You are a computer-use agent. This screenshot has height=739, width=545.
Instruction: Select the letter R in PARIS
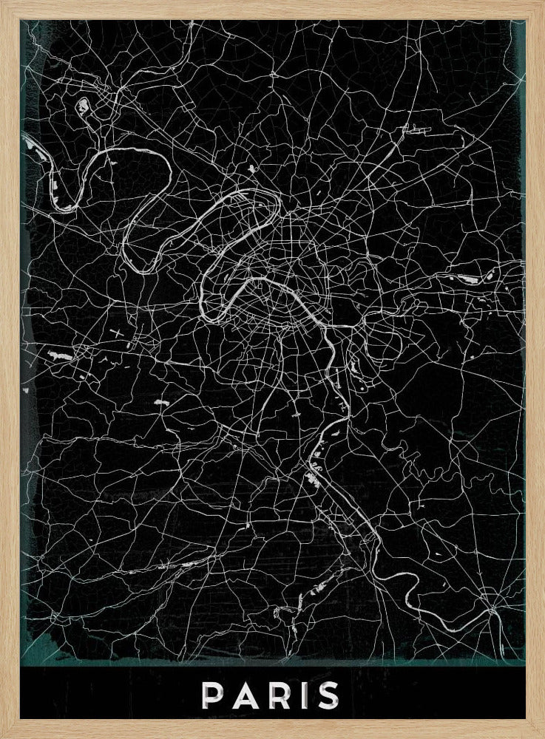(277, 695)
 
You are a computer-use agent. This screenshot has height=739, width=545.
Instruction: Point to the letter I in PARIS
(302, 695)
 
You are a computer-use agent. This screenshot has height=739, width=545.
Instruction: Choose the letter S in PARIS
(327, 695)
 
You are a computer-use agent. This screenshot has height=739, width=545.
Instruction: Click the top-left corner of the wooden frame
(2, 2)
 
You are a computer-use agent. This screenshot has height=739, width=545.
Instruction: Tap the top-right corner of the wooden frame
(542, 2)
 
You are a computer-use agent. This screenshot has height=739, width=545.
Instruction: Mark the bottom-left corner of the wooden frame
(2, 736)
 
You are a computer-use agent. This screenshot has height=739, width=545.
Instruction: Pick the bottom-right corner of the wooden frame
(542, 736)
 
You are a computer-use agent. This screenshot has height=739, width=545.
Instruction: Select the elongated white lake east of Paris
(468, 279)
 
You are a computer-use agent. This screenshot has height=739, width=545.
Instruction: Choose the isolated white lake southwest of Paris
(160, 403)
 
